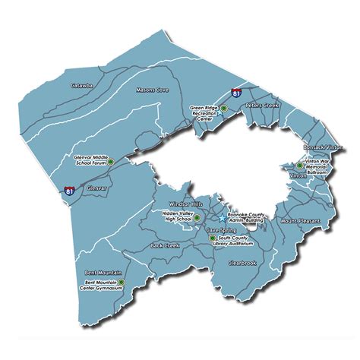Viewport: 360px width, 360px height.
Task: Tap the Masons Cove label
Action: click(151, 90)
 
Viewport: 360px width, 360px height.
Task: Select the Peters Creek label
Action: click(263, 106)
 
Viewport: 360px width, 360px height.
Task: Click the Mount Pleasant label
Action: click(300, 221)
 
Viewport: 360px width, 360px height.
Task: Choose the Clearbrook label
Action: click(244, 263)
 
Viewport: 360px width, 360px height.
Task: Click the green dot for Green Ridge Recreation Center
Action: click(223, 109)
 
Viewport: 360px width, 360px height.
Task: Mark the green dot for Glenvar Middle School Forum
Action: click(111, 162)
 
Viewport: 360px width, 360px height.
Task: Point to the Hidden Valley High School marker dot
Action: click(197, 218)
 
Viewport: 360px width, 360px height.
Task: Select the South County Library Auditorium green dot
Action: click(212, 238)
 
